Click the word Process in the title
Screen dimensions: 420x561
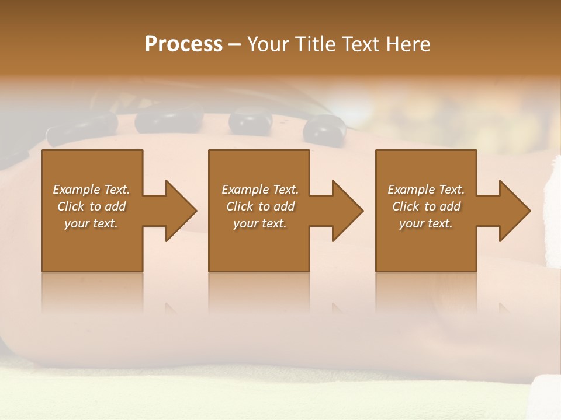click(183, 44)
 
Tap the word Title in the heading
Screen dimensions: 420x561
click(317, 44)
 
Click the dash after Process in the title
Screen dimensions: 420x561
click(235, 45)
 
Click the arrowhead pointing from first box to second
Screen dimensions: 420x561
click(178, 211)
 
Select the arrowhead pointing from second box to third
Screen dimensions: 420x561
click(345, 211)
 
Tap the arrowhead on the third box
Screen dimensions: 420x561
click(512, 211)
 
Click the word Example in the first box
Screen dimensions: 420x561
click(76, 190)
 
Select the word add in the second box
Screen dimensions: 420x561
click(284, 206)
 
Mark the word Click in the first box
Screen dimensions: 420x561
click(71, 206)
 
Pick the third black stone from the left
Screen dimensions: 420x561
click(250, 120)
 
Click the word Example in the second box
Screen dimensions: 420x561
click(245, 190)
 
